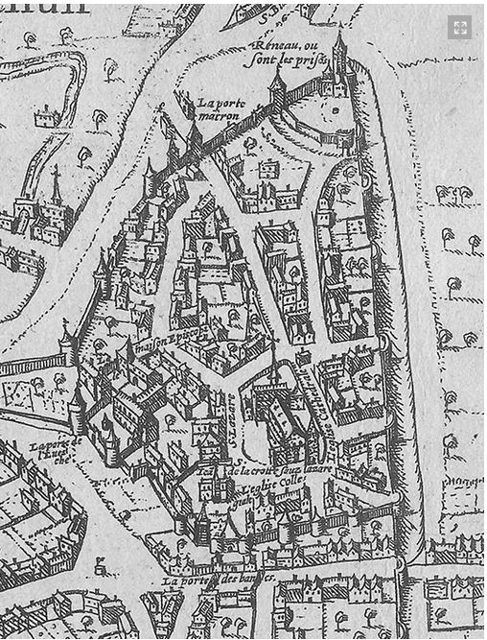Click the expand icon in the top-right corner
coord(460,28)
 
